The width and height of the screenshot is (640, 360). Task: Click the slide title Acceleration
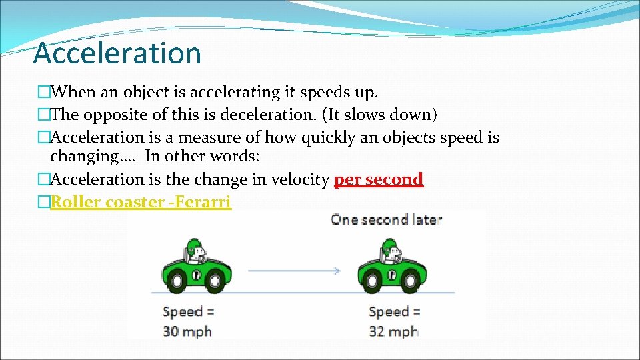(117, 53)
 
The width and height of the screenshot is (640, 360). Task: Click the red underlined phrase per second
(378, 179)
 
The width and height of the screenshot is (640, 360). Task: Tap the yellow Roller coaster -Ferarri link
(141, 201)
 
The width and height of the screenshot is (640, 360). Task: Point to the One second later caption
(387, 219)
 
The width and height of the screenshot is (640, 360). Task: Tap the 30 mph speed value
(187, 331)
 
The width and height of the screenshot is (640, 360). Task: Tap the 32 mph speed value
(393, 331)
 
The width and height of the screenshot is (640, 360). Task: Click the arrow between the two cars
(293, 271)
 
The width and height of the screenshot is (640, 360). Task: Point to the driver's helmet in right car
(391, 245)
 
